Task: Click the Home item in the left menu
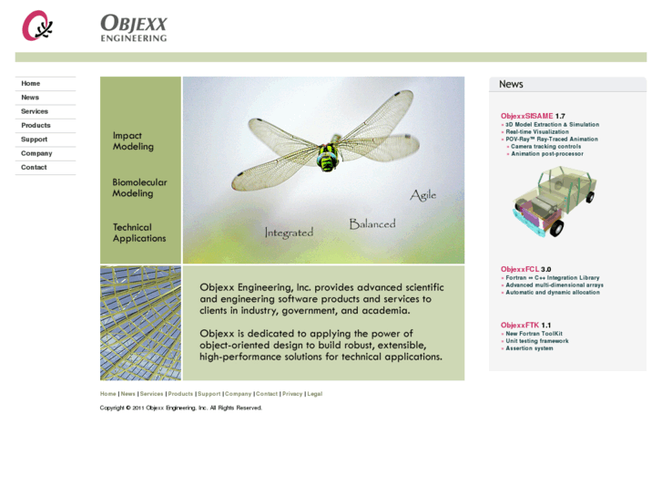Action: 31,84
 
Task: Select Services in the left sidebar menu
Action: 35,111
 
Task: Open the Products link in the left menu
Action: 36,126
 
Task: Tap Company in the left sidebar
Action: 36,153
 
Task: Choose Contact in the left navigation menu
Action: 34,168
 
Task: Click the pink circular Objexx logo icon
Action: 37,26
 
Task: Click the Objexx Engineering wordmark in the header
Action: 134,27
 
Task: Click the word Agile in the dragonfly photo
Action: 423,195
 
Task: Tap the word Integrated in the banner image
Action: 289,233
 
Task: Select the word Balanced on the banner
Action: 372,223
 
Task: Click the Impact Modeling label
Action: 133,141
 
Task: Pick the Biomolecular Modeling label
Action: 139,188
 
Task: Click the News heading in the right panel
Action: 511,84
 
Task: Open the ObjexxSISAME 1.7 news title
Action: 532,116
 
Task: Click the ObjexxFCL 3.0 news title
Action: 525,269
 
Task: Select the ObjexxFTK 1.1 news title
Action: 525,326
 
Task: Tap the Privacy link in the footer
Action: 292,394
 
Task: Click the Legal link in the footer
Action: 315,394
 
